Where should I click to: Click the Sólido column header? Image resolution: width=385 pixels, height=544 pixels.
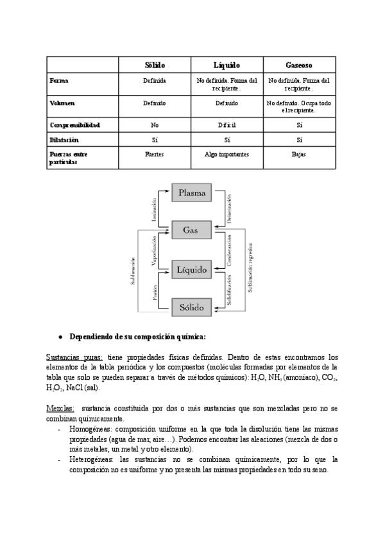click(155, 65)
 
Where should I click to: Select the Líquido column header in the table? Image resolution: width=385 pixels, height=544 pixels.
click(227, 65)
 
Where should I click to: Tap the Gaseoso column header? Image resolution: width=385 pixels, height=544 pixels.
click(299, 65)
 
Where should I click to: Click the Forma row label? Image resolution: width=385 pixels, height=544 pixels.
click(59, 81)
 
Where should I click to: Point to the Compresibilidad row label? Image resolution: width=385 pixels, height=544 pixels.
click(74, 125)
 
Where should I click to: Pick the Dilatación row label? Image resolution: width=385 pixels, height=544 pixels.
click(64, 139)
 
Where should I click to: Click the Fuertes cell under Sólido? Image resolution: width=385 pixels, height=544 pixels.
click(155, 154)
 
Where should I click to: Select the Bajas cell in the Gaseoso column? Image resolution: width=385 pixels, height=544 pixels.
click(299, 154)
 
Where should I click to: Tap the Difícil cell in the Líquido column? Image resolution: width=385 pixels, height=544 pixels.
click(227, 125)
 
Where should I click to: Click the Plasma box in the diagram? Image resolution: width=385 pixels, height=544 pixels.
click(192, 192)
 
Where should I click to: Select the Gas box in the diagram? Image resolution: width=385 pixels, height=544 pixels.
click(191, 230)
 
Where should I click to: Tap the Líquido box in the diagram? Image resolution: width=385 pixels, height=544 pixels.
click(192, 270)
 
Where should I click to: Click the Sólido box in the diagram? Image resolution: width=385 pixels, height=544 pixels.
click(191, 307)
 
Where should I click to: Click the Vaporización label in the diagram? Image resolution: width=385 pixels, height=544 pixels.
click(154, 250)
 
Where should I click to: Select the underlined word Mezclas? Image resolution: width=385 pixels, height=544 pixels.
click(60, 408)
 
